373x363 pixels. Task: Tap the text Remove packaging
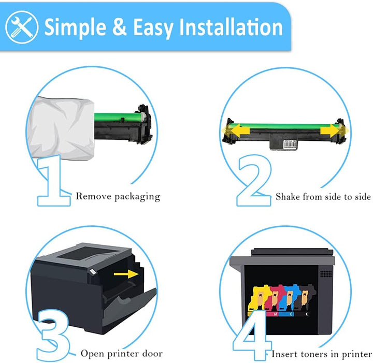118,197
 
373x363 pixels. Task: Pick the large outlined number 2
254,181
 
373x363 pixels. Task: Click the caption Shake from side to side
323,197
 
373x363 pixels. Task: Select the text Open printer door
121,354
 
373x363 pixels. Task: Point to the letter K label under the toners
306,314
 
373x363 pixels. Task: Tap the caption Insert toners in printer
321,354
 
